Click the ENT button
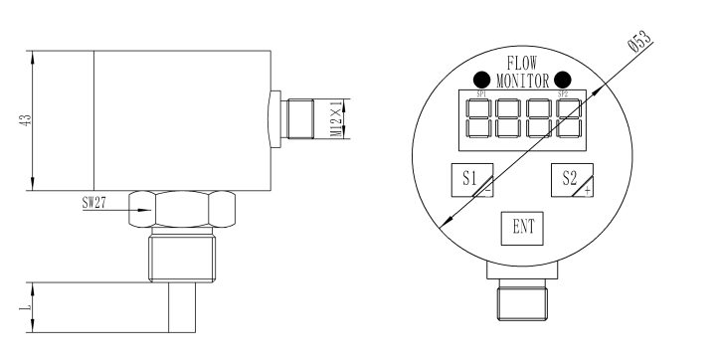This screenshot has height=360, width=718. point(522,228)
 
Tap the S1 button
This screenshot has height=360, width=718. point(472,180)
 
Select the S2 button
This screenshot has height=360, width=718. point(572,180)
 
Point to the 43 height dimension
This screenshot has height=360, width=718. point(27,120)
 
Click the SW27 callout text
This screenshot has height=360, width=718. point(94,202)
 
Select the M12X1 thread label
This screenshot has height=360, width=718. point(336,118)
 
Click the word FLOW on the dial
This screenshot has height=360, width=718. point(522,64)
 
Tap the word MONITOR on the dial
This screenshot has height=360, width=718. point(522,81)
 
